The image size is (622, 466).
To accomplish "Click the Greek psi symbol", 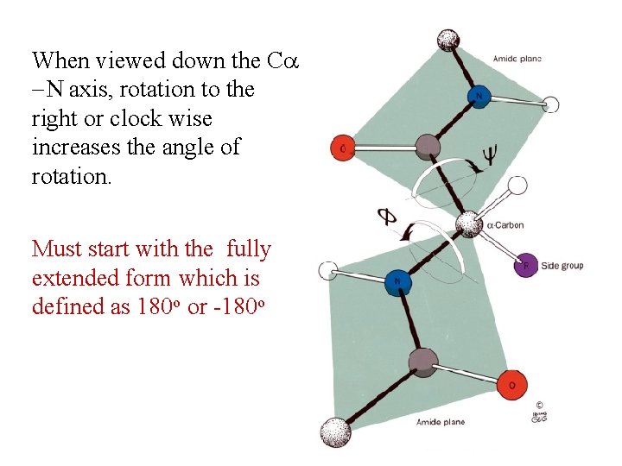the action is [x=489, y=155].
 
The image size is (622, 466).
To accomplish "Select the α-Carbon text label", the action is [x=505, y=225].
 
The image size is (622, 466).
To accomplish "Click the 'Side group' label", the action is [x=562, y=266].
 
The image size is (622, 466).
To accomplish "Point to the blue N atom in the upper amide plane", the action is [x=479, y=95].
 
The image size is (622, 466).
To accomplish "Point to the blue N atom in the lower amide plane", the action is [x=397, y=281].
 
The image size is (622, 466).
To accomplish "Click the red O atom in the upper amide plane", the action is [x=342, y=149].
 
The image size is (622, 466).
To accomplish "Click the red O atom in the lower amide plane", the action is [x=511, y=385].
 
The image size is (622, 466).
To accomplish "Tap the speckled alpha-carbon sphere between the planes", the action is [x=468, y=224].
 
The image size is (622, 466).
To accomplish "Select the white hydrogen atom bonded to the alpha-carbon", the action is [x=518, y=185].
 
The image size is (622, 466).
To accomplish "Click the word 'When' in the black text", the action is [x=60, y=60].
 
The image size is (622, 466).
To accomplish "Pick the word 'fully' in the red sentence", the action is [x=249, y=250].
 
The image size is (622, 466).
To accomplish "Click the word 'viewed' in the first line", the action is [x=132, y=60].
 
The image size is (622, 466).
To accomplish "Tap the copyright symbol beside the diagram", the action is [x=538, y=404].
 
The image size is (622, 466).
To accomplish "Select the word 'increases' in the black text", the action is [x=72, y=148].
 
